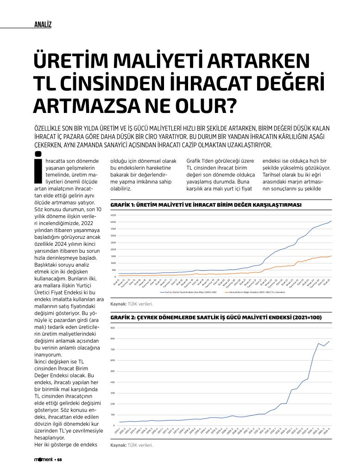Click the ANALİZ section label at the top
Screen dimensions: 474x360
pyautogui.click(x=43, y=25)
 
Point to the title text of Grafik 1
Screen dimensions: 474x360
pyautogui.click(x=206, y=205)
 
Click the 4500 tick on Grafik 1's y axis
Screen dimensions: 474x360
pyautogui.click(x=114, y=215)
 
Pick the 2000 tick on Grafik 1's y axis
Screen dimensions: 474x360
pyautogui.click(x=114, y=249)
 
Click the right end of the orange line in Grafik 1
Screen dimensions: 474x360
pyautogui.click(x=331, y=256)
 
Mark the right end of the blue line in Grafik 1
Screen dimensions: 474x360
pyautogui.click(x=331, y=221)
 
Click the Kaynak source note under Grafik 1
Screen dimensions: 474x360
pyautogui.click(x=125, y=304)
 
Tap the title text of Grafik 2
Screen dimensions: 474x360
pyautogui.click(x=216, y=318)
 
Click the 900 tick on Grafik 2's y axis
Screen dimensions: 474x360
pyautogui.click(x=114, y=328)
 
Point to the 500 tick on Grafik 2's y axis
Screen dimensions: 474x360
pyautogui.click(x=114, y=371)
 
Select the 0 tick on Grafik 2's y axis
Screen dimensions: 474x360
pyautogui.click(x=114, y=425)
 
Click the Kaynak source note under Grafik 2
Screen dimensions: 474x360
pyautogui.click(x=125, y=445)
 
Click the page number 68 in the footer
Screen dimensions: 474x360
pyautogui.click(x=59, y=460)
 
